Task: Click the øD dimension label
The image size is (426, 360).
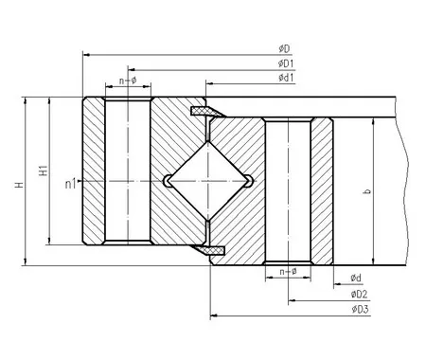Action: pyautogui.click(x=284, y=49)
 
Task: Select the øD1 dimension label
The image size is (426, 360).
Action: pyautogui.click(x=286, y=63)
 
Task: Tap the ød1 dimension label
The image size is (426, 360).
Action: pyautogui.click(x=286, y=78)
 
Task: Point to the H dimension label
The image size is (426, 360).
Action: pyautogui.click(x=20, y=185)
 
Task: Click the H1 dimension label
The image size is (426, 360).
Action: pyautogui.click(x=44, y=171)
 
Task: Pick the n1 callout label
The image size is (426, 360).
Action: pyautogui.click(x=71, y=184)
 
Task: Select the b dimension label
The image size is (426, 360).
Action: pyautogui.click(x=367, y=191)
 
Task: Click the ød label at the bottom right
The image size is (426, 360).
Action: pyautogui.click(x=356, y=278)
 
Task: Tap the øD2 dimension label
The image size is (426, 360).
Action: pyautogui.click(x=360, y=295)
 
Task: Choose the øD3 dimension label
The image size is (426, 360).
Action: pyautogui.click(x=360, y=309)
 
